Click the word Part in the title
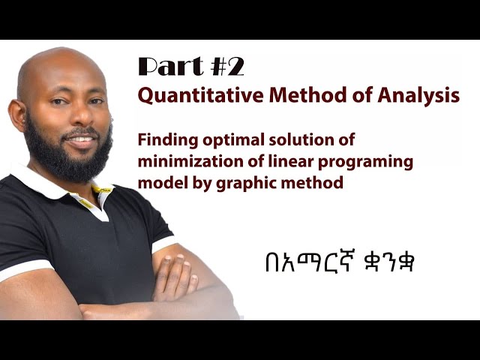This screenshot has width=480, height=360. point(168,67)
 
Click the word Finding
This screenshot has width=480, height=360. point(163,139)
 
